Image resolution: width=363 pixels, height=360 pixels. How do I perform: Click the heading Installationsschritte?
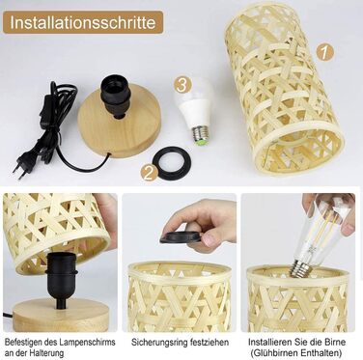click(x=83, y=22)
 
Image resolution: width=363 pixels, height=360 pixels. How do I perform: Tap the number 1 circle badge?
click(x=324, y=52)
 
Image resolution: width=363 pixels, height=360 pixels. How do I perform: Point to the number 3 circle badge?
click(x=182, y=86)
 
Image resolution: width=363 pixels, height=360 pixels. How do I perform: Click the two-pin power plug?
click(x=21, y=166)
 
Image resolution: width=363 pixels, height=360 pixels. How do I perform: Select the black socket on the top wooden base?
click(x=116, y=97)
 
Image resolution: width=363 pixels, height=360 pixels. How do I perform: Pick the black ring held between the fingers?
click(x=181, y=235)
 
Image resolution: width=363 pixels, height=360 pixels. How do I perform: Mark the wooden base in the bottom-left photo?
click(x=60, y=317)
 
